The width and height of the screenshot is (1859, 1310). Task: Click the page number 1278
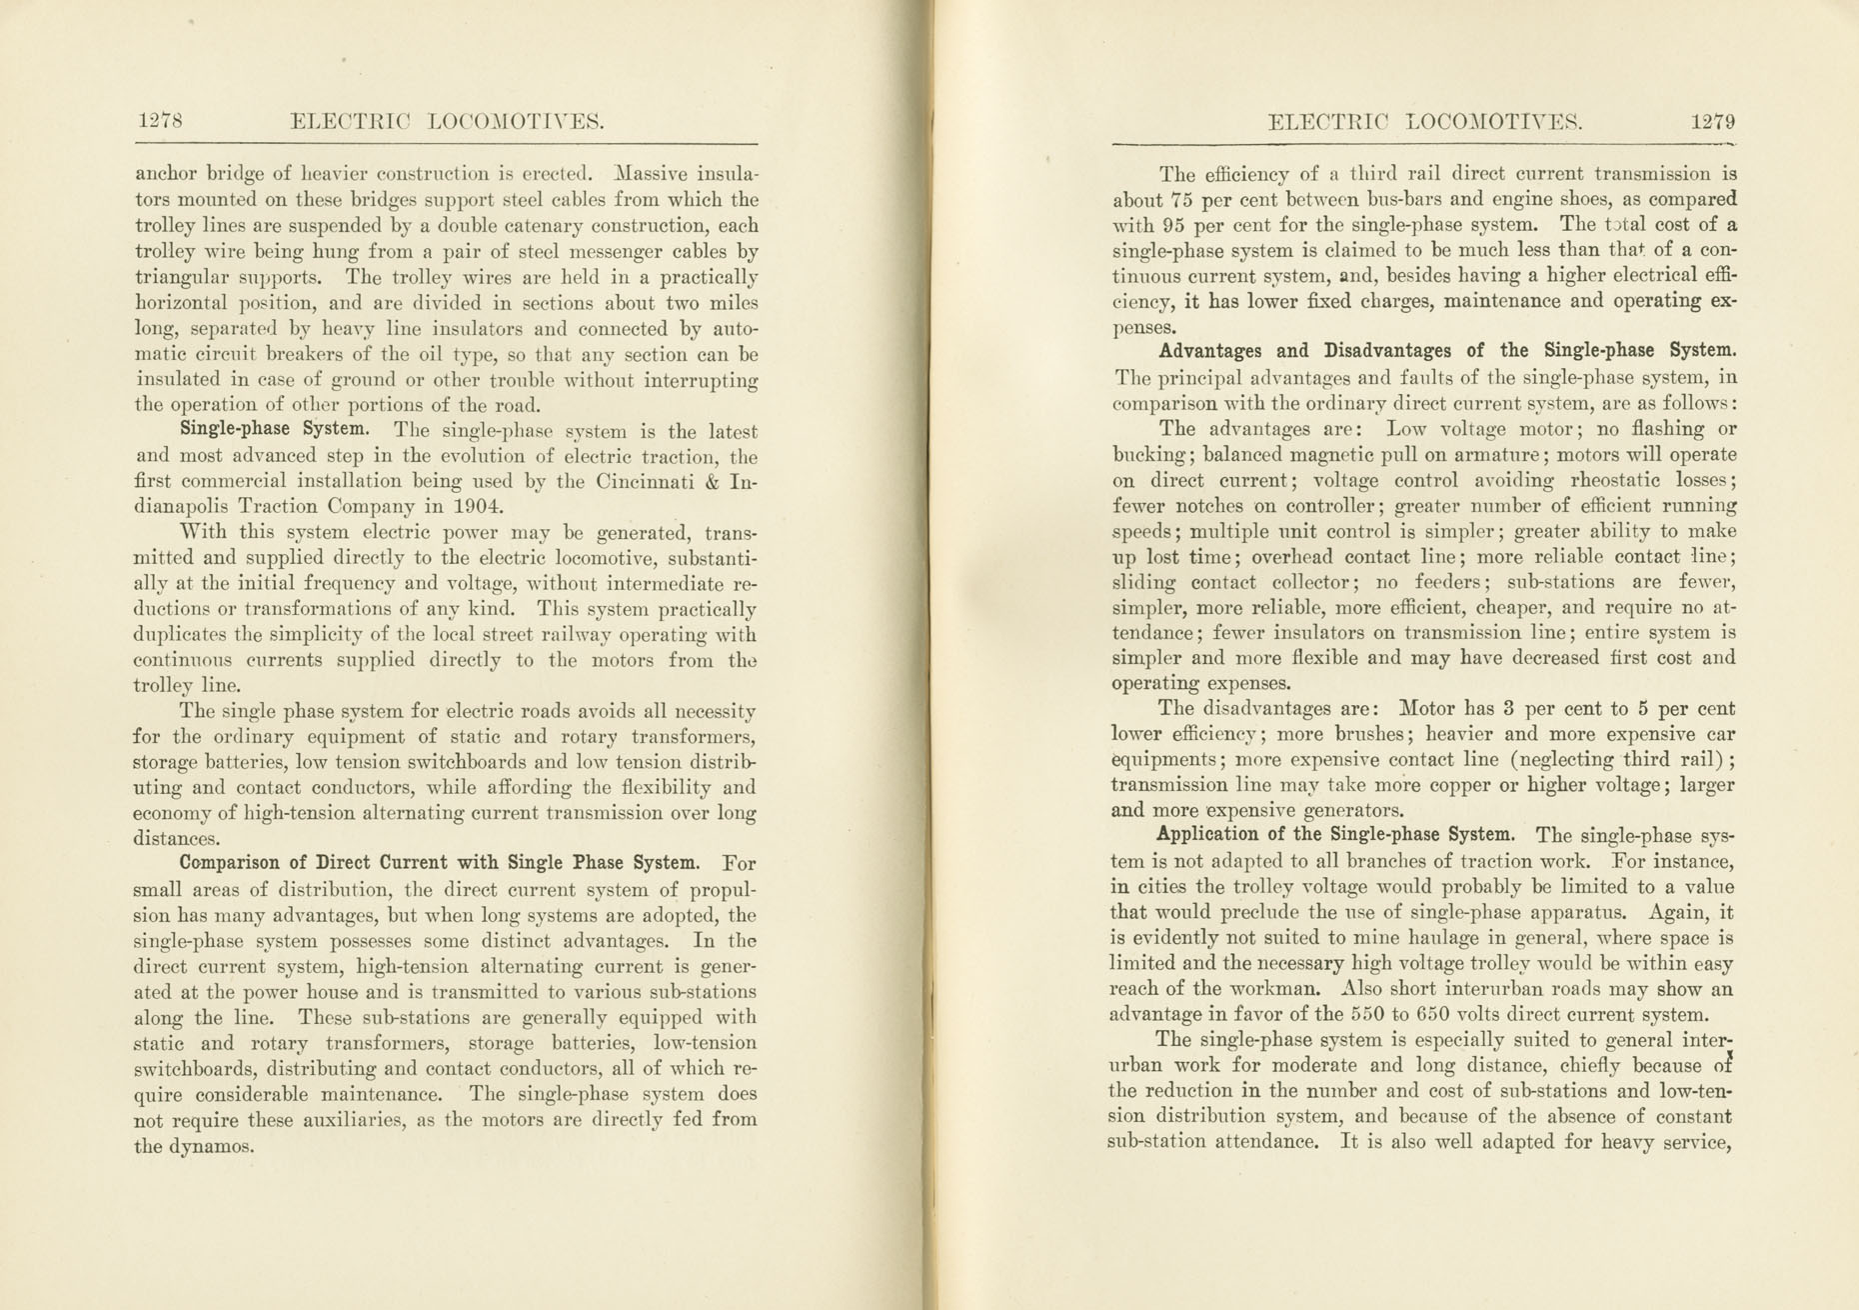pos(160,122)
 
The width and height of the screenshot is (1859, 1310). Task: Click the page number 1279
pos(1713,122)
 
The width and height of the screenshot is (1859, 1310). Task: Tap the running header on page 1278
pos(447,122)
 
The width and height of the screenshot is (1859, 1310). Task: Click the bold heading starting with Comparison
pos(439,863)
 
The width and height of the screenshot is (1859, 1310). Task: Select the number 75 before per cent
pos(1183,199)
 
